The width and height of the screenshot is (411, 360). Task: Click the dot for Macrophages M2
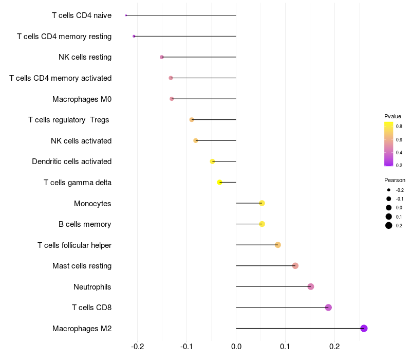(x=364, y=328)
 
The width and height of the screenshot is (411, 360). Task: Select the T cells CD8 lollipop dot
(x=328, y=308)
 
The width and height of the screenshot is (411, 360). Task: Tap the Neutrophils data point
(x=310, y=286)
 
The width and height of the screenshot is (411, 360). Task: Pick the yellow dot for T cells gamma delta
(x=220, y=182)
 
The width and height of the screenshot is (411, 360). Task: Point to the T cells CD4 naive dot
(x=126, y=15)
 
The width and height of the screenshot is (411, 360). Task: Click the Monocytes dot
(x=262, y=203)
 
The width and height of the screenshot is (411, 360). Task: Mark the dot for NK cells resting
(x=162, y=57)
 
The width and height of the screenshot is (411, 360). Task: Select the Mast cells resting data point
(x=295, y=266)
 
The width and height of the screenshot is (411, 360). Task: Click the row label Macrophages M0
(x=82, y=99)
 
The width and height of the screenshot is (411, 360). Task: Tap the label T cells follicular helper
(x=74, y=245)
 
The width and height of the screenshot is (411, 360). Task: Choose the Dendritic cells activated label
(x=71, y=161)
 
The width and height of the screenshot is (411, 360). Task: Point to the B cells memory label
(x=85, y=224)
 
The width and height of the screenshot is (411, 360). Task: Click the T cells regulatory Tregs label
(x=69, y=120)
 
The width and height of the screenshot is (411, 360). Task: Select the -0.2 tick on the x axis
(x=137, y=347)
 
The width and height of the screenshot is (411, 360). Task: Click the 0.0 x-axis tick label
(x=236, y=347)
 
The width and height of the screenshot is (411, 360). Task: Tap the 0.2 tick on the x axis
(x=334, y=347)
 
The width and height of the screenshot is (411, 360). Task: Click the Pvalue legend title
(x=393, y=116)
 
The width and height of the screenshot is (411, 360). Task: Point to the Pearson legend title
(x=395, y=180)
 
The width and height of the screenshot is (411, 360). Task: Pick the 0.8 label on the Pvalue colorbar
(x=399, y=126)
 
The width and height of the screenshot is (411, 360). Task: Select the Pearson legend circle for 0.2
(x=389, y=225)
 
